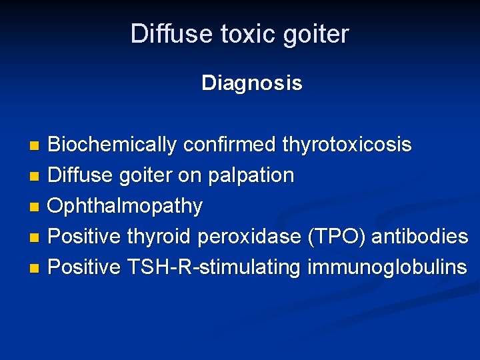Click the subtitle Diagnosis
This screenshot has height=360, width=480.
[x=251, y=83]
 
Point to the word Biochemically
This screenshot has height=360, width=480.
[x=112, y=145]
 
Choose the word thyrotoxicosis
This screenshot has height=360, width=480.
[x=347, y=145]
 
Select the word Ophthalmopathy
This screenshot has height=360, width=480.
[x=125, y=207]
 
